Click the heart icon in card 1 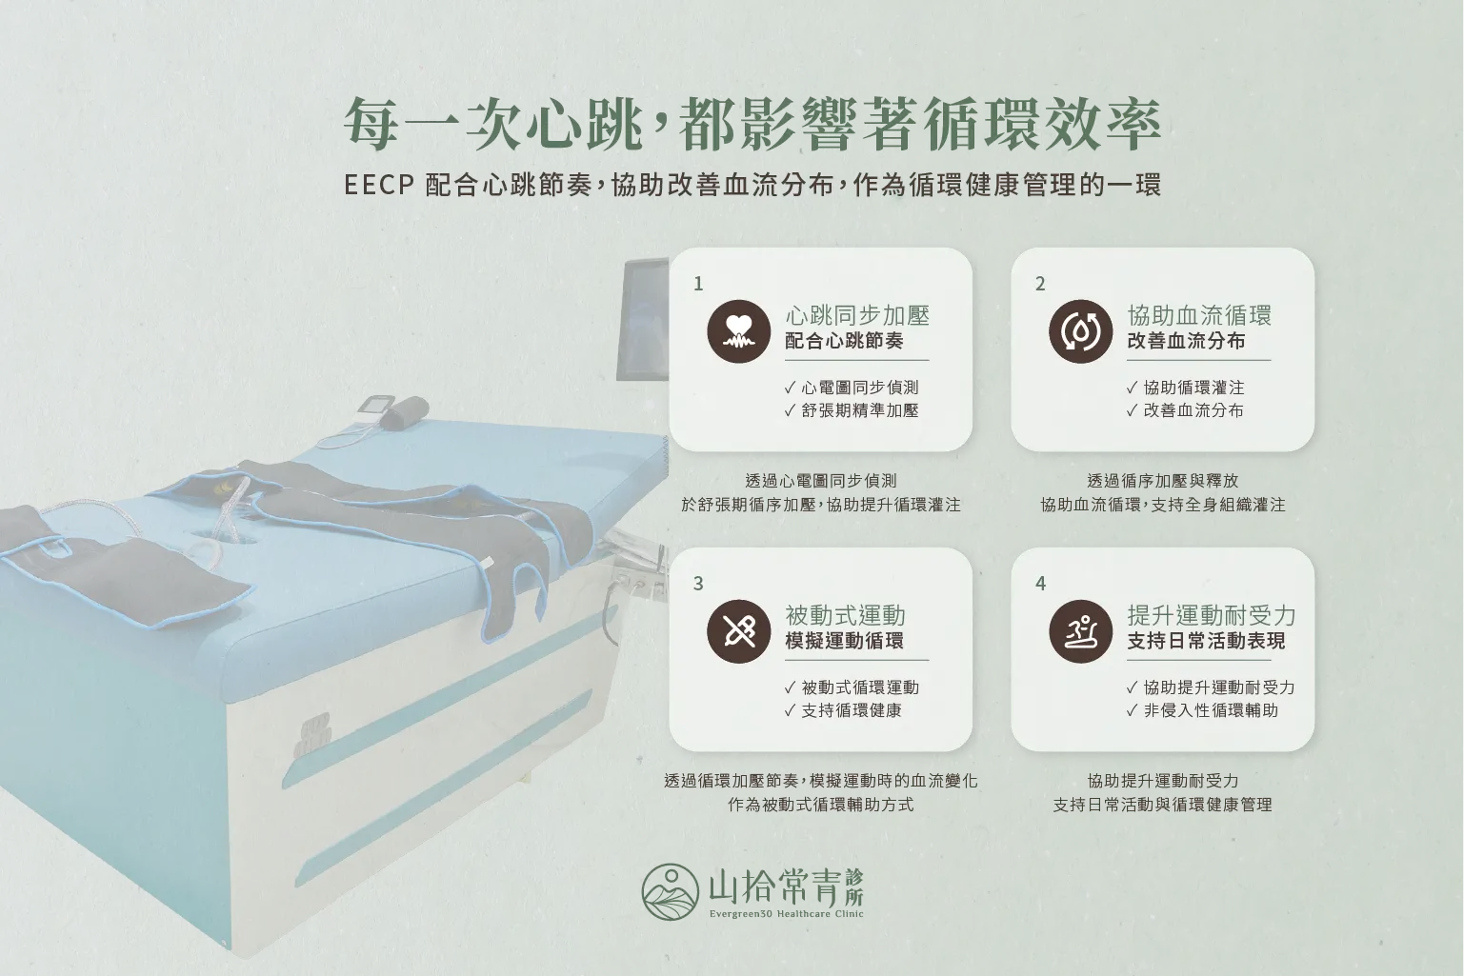point(738,331)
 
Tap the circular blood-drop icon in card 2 point(1080,331)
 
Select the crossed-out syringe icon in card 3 point(738,631)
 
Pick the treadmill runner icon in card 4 point(1080,631)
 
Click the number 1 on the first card point(698,284)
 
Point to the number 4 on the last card point(1040,584)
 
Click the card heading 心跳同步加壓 point(857,315)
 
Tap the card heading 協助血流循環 point(1199,315)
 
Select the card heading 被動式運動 point(845,615)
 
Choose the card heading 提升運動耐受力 point(1211,615)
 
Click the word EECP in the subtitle point(379,185)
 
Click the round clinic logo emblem point(670,891)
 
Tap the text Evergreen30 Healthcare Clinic point(786,914)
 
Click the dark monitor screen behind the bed point(643,319)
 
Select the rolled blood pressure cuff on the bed point(404,413)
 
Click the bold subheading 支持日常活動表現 point(1206,641)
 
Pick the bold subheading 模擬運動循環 point(844,641)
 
